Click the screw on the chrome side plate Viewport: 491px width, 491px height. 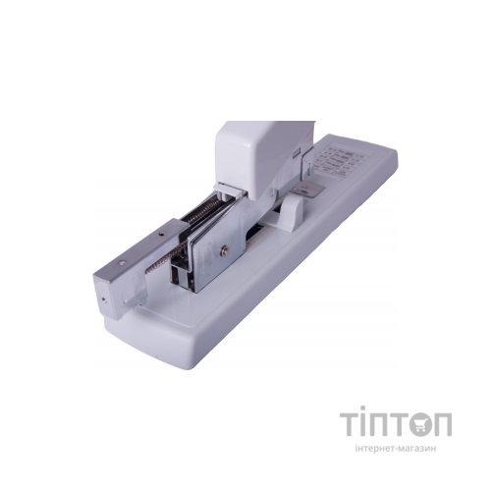tap(224, 249)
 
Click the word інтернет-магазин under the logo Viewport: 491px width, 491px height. tap(396, 448)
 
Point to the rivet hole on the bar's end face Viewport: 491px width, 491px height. tap(103, 299)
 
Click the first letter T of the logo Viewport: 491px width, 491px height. tap(350, 424)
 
